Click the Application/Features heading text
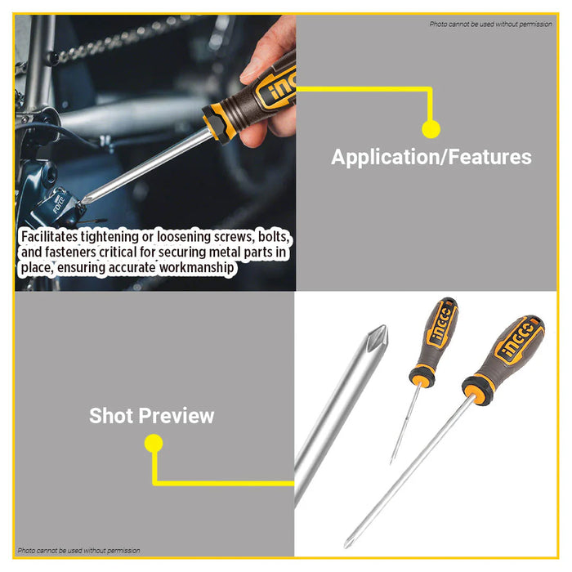pyautogui.click(x=431, y=157)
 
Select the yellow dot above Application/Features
pyautogui.click(x=431, y=128)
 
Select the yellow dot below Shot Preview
pyautogui.click(x=153, y=444)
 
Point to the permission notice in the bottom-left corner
pyautogui.click(x=79, y=550)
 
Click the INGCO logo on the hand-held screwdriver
pyautogui.click(x=275, y=88)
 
